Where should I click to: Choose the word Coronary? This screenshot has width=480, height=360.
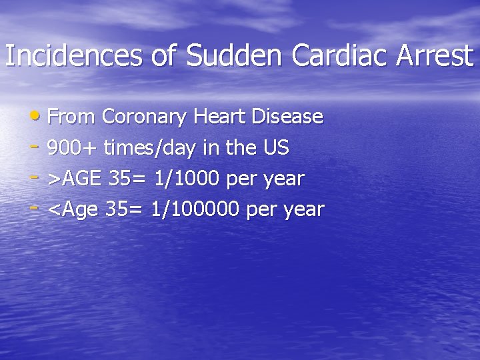(146, 117)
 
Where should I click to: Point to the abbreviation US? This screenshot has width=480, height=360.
(276, 148)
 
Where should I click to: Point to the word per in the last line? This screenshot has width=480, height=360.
(261, 211)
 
